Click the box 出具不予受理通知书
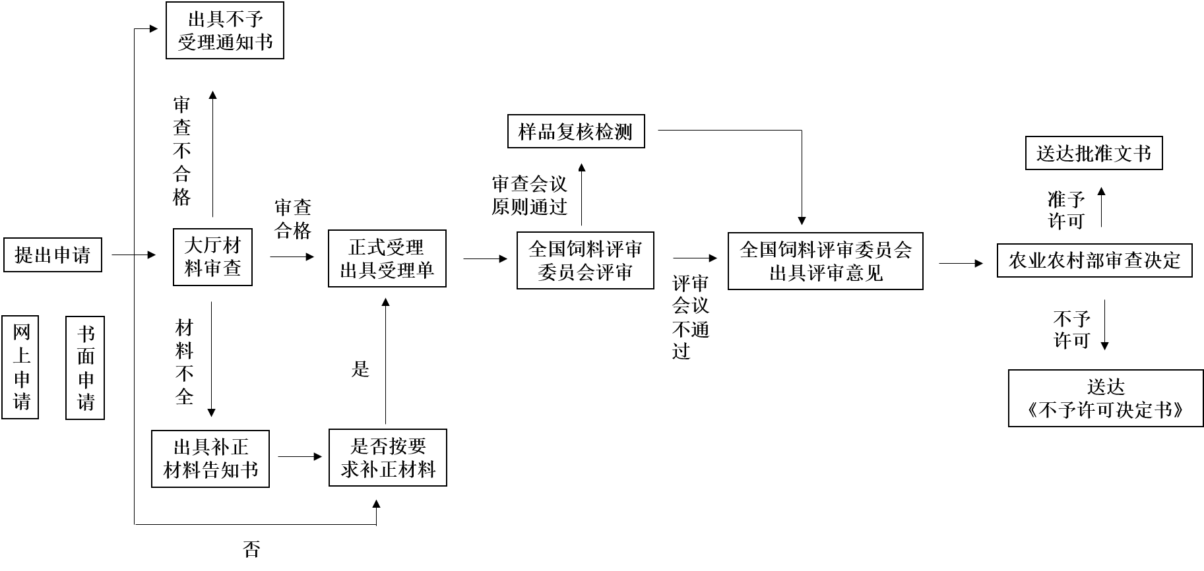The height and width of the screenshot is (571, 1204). click(224, 30)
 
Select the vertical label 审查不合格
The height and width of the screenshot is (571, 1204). click(181, 150)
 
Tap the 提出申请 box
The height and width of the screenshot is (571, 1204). click(53, 255)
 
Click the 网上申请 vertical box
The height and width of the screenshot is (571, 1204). click(20, 367)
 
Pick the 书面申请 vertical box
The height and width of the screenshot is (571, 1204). click(85, 367)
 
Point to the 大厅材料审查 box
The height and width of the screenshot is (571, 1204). click(212, 257)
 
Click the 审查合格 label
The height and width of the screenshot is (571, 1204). click(292, 219)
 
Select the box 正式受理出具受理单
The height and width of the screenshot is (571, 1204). click(387, 258)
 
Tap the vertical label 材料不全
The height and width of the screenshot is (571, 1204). click(184, 362)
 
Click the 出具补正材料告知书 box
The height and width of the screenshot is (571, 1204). click(210, 459)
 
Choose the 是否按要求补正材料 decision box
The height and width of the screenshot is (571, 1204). click(388, 458)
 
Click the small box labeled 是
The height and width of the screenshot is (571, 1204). click(360, 369)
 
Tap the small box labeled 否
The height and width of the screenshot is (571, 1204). click(251, 549)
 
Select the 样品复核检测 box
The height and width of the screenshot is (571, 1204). click(576, 132)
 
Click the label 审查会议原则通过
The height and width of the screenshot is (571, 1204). click(529, 196)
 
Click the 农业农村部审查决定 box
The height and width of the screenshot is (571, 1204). click(1094, 260)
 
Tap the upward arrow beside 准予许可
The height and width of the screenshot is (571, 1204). click(1100, 208)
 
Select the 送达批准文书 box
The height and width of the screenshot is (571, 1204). click(1094, 154)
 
